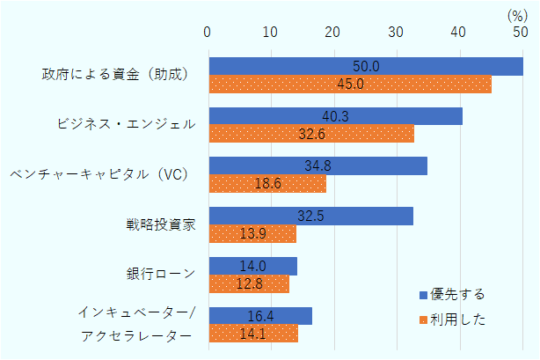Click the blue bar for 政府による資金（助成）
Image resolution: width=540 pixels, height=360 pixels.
[365, 66]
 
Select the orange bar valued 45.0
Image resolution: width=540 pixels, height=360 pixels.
[349, 84]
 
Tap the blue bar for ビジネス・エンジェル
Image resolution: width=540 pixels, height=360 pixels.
[335, 116]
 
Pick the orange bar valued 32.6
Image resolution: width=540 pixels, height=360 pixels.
[310, 134]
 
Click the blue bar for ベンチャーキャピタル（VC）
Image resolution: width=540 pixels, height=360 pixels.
[317, 165]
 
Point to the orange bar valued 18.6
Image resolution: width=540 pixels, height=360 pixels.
[267, 184]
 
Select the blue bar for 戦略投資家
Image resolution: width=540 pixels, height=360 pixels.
[310, 216]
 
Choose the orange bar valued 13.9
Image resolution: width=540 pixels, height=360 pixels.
[252, 234]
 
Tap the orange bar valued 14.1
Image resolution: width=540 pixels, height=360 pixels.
[253, 334]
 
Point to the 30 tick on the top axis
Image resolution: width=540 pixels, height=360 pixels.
[396, 32]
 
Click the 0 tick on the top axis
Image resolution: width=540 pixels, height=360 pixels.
[208, 32]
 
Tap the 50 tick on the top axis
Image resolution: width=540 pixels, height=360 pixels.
[521, 32]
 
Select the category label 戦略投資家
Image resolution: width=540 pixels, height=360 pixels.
[161, 224]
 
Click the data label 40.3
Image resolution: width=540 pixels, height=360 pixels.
[335, 116]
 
